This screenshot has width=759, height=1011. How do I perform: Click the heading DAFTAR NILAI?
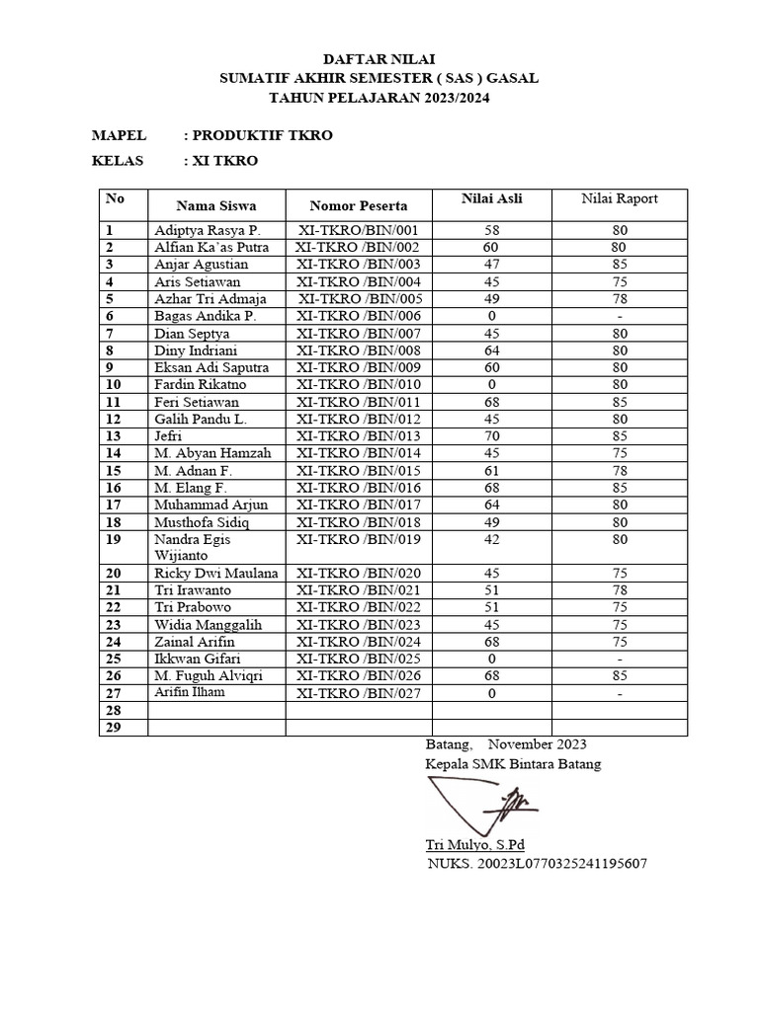379,59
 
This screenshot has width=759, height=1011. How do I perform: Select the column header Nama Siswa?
215,206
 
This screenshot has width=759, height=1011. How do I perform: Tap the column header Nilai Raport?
619,199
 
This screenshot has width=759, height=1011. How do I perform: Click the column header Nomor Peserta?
358,206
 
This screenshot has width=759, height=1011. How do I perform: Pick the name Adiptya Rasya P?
206,230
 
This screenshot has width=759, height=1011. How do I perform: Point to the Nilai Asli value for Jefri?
490,436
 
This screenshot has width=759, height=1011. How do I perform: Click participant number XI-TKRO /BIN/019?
359,540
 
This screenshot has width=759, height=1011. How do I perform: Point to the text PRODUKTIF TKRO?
262,135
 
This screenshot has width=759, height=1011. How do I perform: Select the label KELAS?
118,161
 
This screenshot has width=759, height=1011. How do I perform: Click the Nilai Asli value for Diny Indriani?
490,350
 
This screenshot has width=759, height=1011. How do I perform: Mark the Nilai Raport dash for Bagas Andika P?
619,316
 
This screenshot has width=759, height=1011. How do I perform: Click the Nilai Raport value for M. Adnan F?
619,471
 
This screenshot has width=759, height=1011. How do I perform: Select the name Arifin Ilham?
190,692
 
